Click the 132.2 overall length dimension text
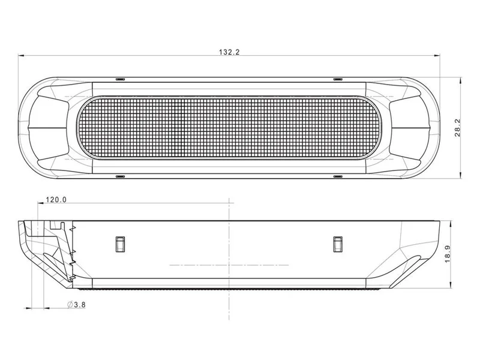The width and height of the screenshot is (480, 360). pos(229,52)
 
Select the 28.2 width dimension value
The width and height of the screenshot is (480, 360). pos(457,128)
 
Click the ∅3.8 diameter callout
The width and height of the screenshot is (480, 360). pos(77,305)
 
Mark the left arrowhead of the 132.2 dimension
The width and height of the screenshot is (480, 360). pos(21,56)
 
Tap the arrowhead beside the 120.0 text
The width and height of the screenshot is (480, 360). pos(39,205)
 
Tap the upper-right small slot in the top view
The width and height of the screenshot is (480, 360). pos(337,79)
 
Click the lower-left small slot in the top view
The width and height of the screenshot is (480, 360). pos(119,176)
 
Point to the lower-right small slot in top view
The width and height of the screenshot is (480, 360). pos(337,176)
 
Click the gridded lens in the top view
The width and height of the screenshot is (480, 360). pos(228,128)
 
